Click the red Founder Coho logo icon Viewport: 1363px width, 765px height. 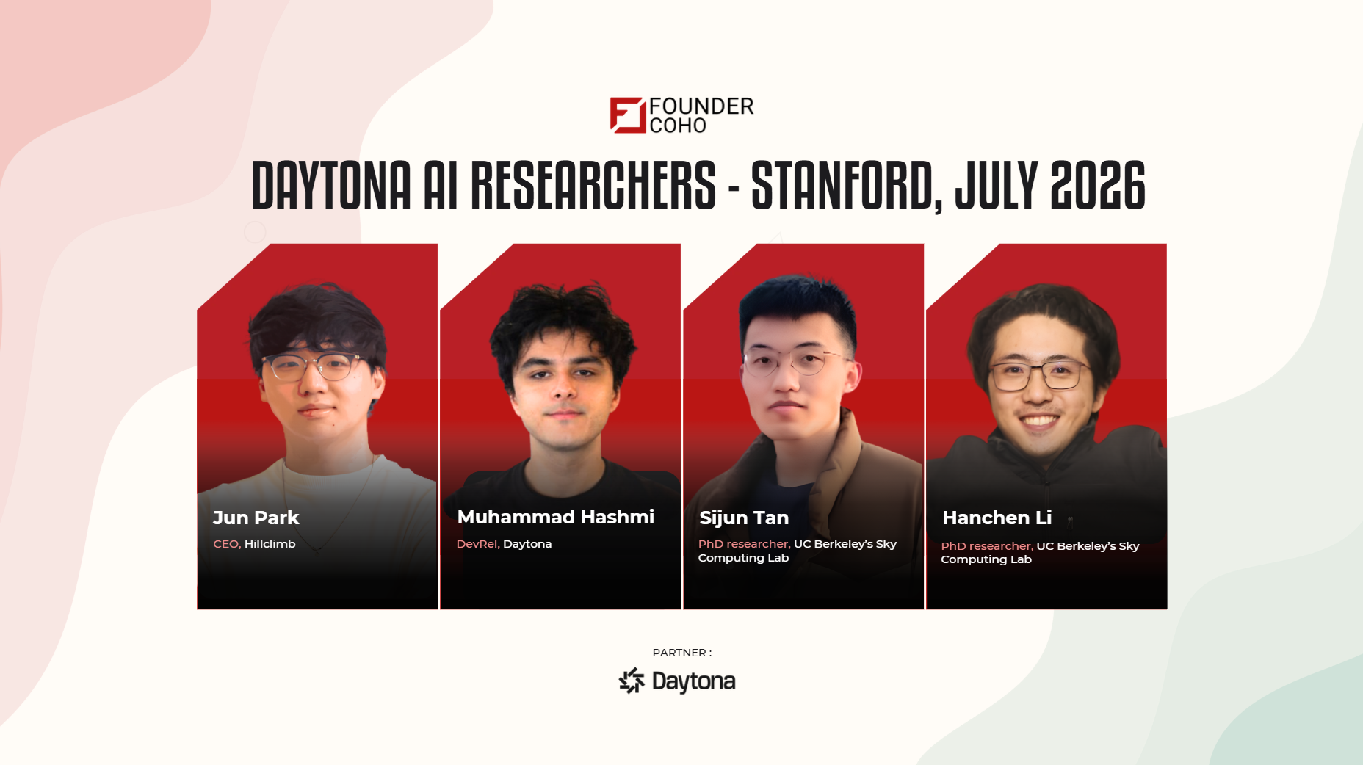[x=628, y=115]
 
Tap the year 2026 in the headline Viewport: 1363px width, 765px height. [x=1098, y=185]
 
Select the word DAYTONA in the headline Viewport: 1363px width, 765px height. [x=331, y=185]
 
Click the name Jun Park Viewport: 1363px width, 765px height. [x=256, y=518]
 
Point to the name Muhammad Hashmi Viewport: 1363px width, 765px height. [x=555, y=517]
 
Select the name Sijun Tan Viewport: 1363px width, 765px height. [x=744, y=518]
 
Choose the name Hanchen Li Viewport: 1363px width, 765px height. [x=997, y=518]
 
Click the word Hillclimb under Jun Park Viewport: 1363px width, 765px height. [x=270, y=544]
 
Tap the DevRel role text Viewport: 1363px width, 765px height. [x=478, y=544]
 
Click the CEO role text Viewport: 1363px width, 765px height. [x=227, y=544]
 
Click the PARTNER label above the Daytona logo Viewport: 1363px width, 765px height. [x=679, y=653]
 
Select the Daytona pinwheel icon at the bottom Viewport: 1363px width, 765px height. [x=632, y=681]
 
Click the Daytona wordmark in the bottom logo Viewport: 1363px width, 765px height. [x=693, y=681]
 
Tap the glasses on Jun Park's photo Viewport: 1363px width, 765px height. [x=314, y=366]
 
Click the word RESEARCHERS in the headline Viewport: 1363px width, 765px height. [x=593, y=185]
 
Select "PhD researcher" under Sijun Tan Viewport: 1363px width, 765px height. [x=744, y=544]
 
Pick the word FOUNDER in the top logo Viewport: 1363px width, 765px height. [x=701, y=106]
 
